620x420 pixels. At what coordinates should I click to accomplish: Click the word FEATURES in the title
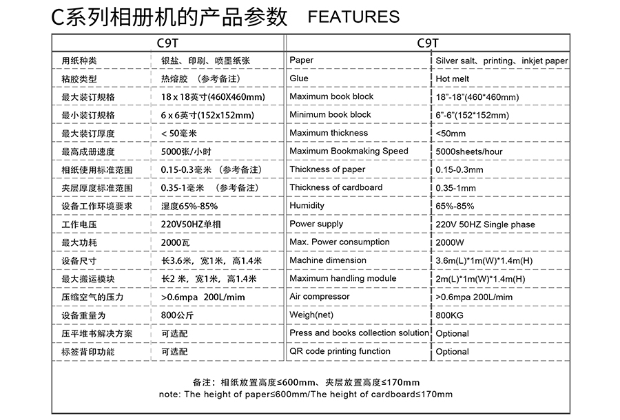pos(353,17)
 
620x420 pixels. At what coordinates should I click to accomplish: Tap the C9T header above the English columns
pos(428,42)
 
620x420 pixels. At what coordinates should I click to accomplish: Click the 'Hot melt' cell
pos(453,79)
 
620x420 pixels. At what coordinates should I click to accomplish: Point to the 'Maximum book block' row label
pos(331,96)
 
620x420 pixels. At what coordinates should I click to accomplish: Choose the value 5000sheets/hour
pos(469,151)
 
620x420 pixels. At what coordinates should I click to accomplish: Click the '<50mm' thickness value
pos(451,134)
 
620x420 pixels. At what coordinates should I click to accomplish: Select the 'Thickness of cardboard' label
pos(336,187)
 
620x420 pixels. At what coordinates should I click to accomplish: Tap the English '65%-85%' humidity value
pos(455,206)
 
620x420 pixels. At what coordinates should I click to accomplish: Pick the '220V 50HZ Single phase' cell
pos(485,224)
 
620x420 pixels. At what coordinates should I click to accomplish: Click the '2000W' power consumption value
pos(450,243)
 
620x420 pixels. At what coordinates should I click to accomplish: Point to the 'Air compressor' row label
pos(320,297)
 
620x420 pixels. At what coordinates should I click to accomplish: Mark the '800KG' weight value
pos(451,315)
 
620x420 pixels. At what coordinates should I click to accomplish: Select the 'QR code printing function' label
pos(340,351)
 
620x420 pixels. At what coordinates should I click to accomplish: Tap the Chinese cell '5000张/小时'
pos(185,151)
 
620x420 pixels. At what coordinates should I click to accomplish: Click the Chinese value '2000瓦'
pos(175,243)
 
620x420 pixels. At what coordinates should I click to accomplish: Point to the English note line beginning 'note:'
pos(305,395)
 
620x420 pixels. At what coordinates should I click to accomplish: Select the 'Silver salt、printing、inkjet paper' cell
pos(502,61)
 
